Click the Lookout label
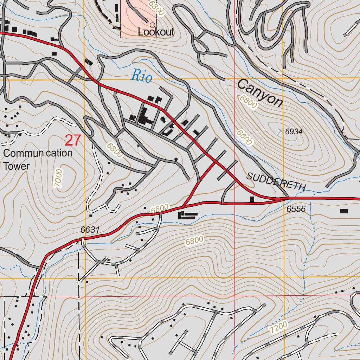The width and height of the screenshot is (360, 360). point(156,32)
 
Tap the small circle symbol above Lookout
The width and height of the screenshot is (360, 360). point(152,25)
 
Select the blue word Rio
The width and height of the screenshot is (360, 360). point(142,76)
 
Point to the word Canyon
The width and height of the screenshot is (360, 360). point(260,93)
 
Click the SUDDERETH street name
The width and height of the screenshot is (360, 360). point(277,181)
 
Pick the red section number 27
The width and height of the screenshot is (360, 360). point(73,141)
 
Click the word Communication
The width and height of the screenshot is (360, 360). point(38,153)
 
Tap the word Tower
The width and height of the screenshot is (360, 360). point(17,166)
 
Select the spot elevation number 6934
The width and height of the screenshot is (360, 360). point(294,132)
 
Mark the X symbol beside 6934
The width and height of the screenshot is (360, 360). point(280,131)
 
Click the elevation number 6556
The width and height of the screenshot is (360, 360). point(296,209)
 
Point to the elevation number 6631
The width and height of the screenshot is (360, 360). point(90,230)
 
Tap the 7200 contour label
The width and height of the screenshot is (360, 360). point(279,327)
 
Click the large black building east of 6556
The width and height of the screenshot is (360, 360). point(344,211)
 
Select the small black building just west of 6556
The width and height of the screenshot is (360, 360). point(252,199)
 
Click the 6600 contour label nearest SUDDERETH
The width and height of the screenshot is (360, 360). point(244,137)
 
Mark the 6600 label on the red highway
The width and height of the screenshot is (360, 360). point(160,209)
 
